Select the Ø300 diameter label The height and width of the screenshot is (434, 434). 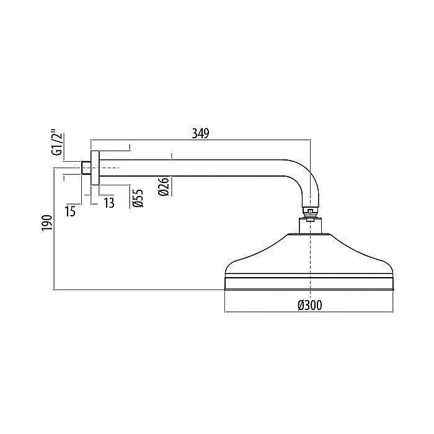[309, 304]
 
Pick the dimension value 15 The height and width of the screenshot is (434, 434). [70, 211]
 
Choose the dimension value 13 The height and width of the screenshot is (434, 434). [109, 203]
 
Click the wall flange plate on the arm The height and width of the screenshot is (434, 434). [95, 167]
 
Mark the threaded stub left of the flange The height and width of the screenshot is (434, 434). [86, 167]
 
